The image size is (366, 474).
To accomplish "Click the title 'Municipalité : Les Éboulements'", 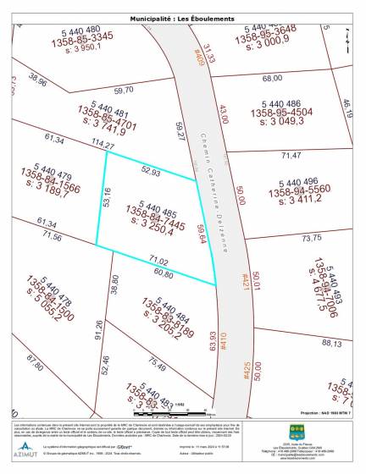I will (183, 18).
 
